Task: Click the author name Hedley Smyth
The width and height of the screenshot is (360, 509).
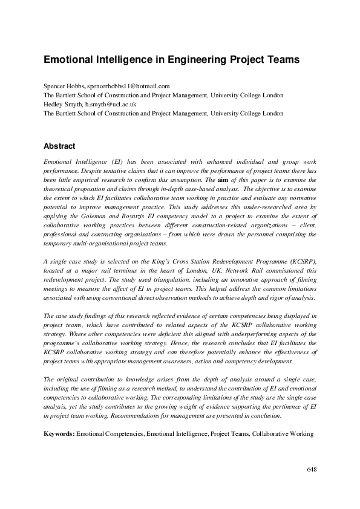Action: (x=63, y=104)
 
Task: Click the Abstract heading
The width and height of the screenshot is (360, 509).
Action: (x=59, y=146)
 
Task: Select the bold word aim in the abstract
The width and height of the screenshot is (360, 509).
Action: (x=223, y=180)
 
